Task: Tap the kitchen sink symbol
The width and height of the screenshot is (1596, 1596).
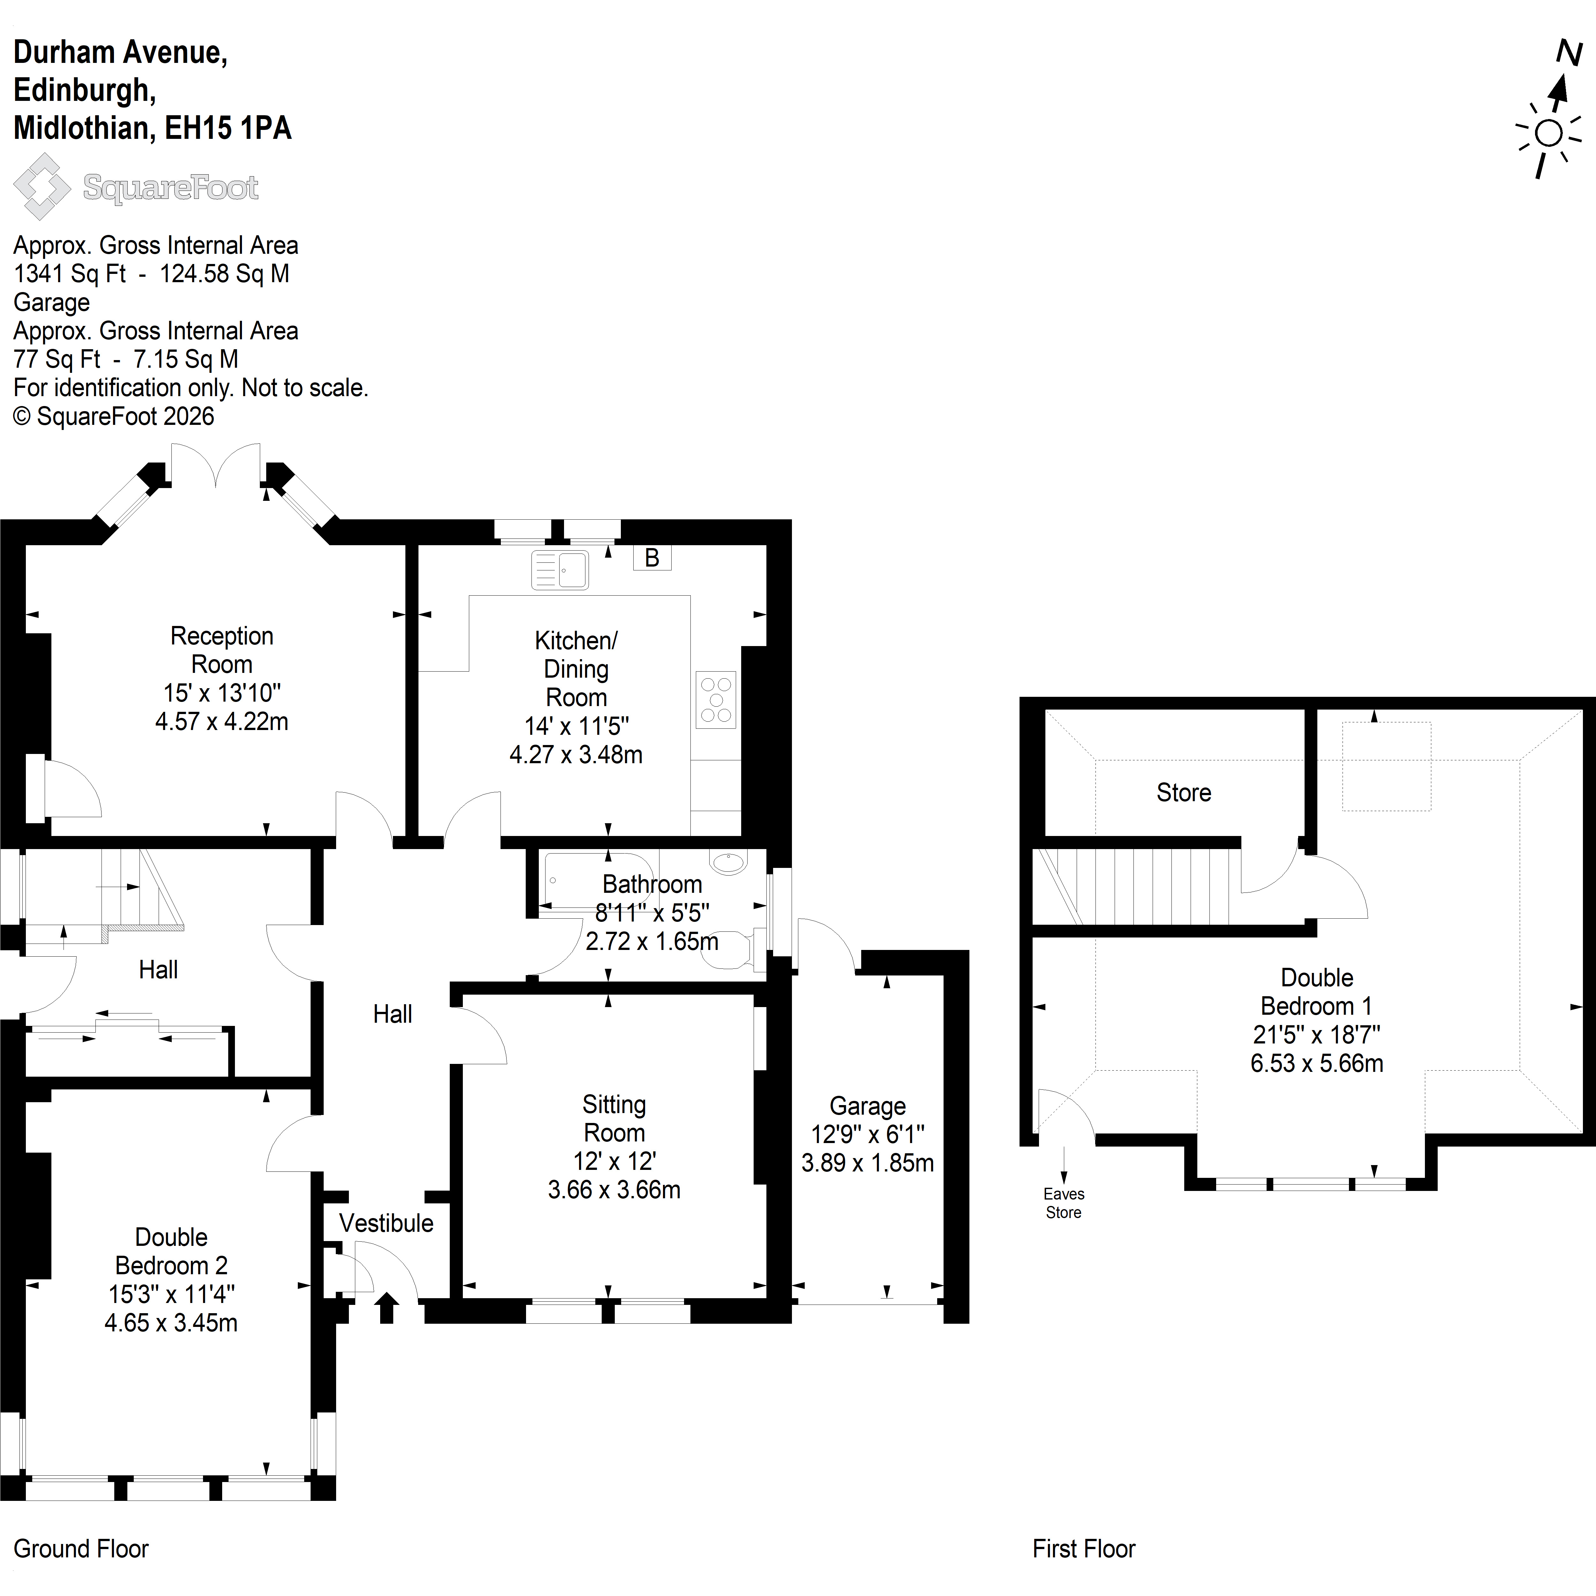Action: pyautogui.click(x=560, y=569)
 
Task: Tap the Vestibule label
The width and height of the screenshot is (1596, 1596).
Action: pyautogui.click(x=386, y=1223)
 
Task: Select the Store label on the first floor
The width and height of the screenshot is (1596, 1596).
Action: pyautogui.click(x=1184, y=792)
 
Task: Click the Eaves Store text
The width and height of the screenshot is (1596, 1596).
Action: pyautogui.click(x=1063, y=1203)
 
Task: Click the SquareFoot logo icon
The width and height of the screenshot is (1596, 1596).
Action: pyautogui.click(x=41, y=187)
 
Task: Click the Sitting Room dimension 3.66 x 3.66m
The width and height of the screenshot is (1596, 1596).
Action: pyautogui.click(x=614, y=1190)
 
